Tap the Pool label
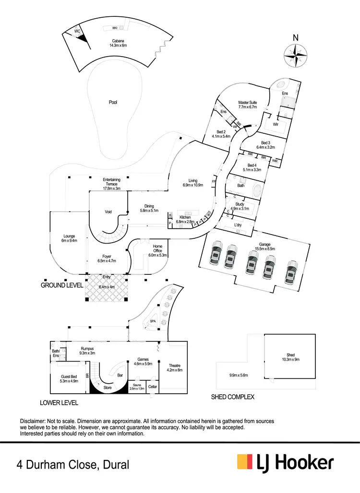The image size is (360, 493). pyautogui.click(x=113, y=102)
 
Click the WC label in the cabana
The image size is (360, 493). pyautogui.click(x=77, y=31)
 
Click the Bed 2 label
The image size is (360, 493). pyautogui.click(x=221, y=132)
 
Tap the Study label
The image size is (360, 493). pyautogui.click(x=240, y=204)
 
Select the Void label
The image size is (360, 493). pyautogui.click(x=108, y=211)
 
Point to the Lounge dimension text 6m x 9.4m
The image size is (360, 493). pyautogui.click(x=70, y=241)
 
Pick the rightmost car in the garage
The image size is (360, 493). pyautogui.click(x=290, y=271)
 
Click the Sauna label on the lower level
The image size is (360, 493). pyautogui.click(x=136, y=384)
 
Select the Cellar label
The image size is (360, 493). pyautogui.click(x=153, y=387)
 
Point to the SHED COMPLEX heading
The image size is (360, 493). pyautogui.click(x=232, y=397)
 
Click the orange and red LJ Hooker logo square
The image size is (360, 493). pyautogui.click(x=245, y=462)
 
